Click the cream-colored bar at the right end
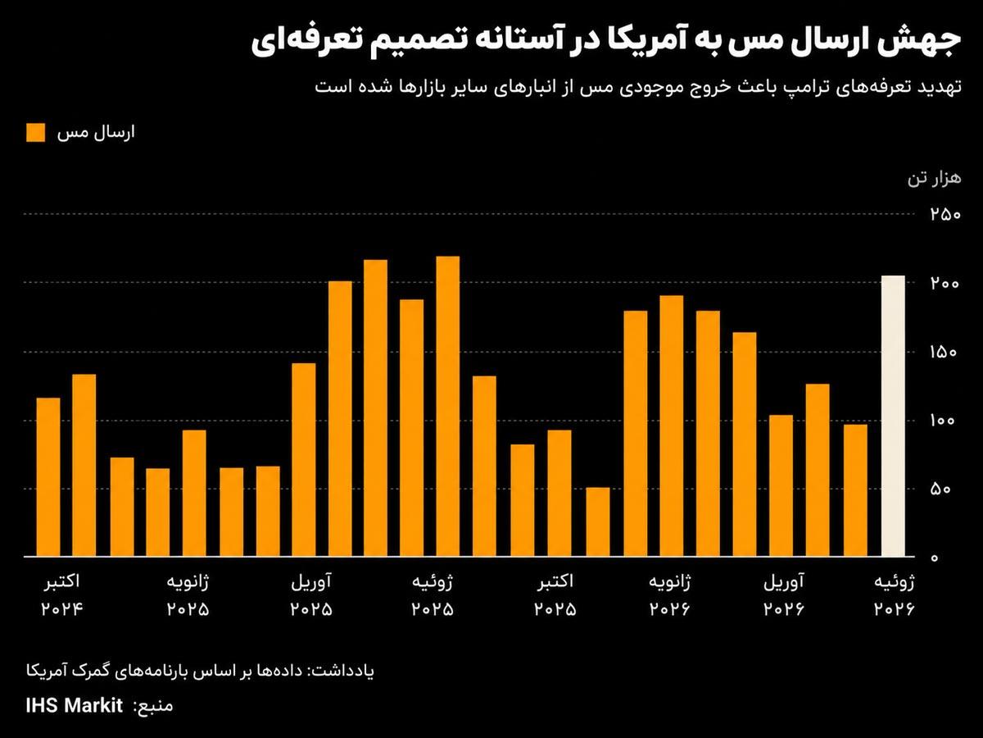893,416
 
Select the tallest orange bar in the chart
448,407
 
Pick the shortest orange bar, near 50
598,522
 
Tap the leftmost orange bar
48,477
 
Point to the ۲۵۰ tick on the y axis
945,214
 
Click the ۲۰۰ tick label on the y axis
945,283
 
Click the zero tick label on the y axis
934,558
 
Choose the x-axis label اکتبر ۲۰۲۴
62,595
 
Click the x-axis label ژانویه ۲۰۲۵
188,595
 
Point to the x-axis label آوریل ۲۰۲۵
311,595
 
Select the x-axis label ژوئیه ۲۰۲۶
894,595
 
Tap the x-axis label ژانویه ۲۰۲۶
670,595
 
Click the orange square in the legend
36,133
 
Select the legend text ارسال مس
96,133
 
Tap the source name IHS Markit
75,705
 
